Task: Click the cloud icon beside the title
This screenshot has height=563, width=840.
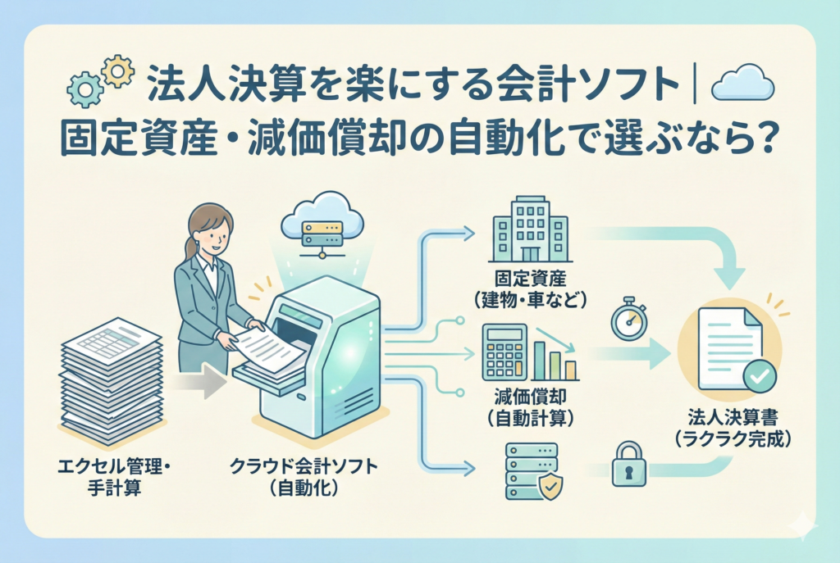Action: [742, 84]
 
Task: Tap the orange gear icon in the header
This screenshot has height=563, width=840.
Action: [118, 71]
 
